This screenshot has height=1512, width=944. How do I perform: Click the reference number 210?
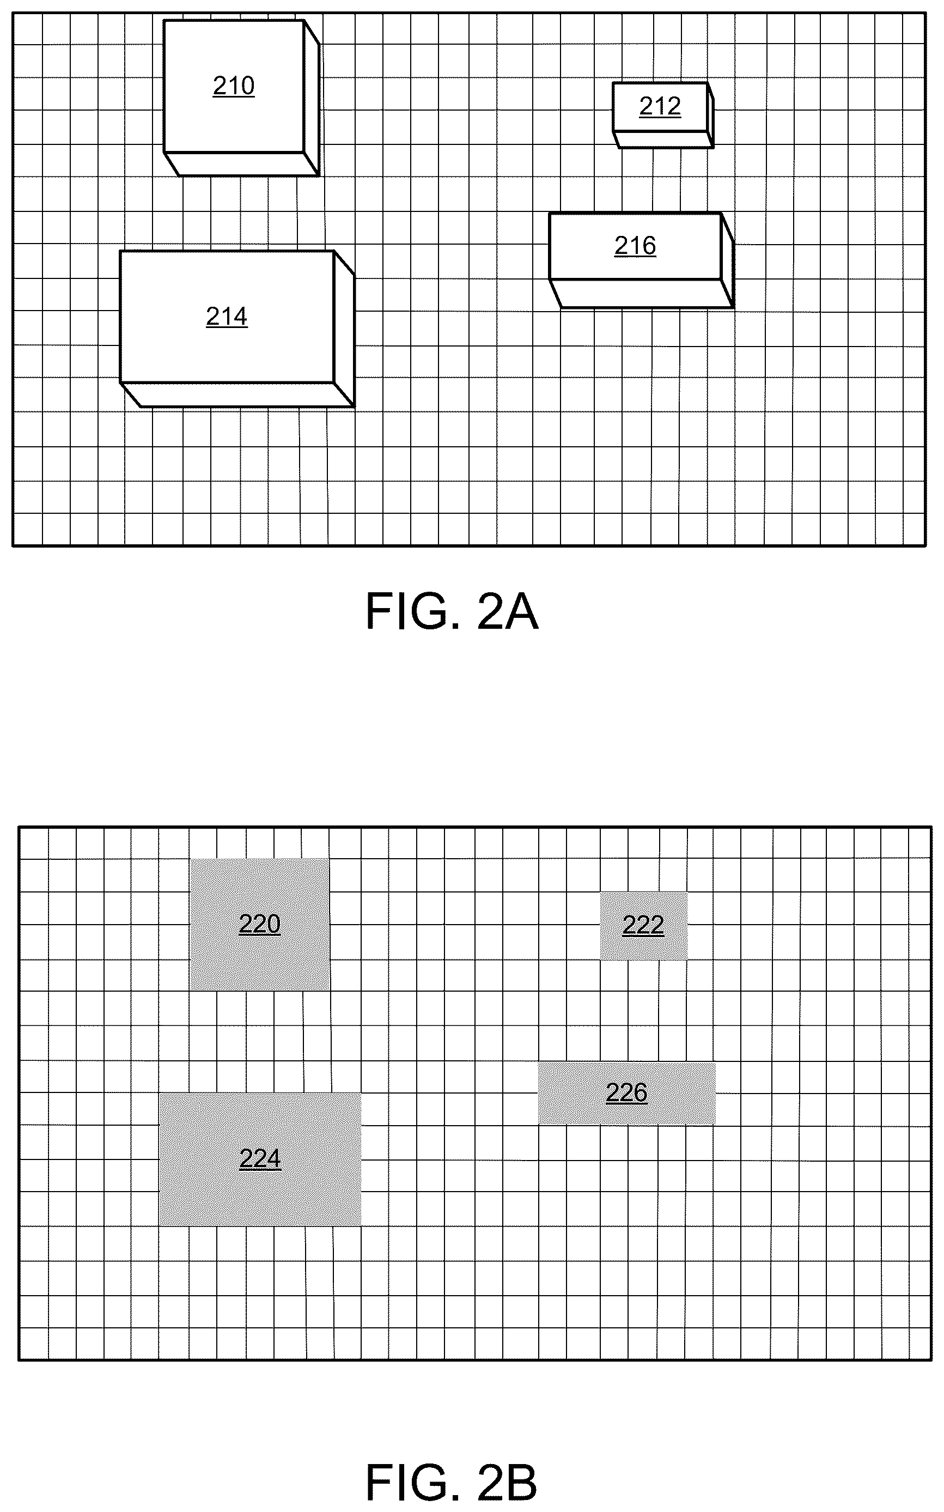[x=234, y=86]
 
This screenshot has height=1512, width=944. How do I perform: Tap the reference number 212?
[x=660, y=106]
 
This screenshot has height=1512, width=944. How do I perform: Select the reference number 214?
[x=227, y=317]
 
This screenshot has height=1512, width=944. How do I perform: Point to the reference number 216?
[x=635, y=246]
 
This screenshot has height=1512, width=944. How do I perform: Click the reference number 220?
[x=260, y=924]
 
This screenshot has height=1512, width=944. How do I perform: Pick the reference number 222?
[x=643, y=925]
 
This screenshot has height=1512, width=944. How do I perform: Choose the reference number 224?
[x=260, y=1159]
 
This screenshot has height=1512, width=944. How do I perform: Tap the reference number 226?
[x=627, y=1093]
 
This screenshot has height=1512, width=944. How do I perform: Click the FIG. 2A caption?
[x=452, y=612]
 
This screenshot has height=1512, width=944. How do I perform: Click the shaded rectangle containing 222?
[x=644, y=926]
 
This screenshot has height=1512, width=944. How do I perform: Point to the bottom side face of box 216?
[x=641, y=294]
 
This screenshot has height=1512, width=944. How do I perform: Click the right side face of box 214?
[x=344, y=329]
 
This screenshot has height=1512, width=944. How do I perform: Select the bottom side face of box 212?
[x=663, y=140]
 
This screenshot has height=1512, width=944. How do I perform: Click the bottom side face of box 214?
[x=238, y=394]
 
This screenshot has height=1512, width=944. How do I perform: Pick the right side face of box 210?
[x=312, y=98]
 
